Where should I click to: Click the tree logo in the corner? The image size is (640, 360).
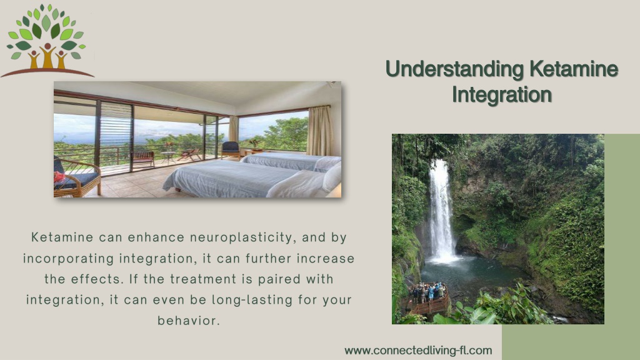click(x=47, y=41)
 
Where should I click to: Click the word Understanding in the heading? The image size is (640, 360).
click(x=454, y=69)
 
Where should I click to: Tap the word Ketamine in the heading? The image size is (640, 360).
click(x=574, y=69)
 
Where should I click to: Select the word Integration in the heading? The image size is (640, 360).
click(x=502, y=95)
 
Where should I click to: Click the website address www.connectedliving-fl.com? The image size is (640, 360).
click(x=418, y=351)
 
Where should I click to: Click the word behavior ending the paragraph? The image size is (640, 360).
click(x=189, y=321)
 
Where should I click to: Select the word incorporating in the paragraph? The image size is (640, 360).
click(x=68, y=259)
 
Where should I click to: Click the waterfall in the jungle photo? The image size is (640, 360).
click(x=441, y=210)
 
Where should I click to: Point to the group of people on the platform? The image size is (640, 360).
click(x=427, y=292)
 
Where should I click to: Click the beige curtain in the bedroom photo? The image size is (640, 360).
click(x=319, y=131)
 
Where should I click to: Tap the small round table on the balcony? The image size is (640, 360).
click(x=167, y=157)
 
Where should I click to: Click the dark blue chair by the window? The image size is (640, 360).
click(x=231, y=150)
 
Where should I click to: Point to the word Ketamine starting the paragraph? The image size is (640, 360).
click(x=62, y=237)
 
